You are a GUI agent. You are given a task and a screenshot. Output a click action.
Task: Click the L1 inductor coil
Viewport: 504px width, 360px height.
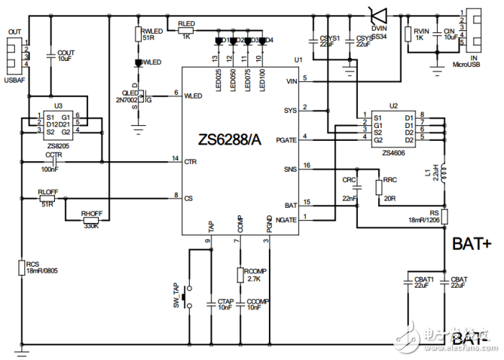tap(445, 175)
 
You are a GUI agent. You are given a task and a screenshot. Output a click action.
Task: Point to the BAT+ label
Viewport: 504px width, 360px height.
tap(471, 244)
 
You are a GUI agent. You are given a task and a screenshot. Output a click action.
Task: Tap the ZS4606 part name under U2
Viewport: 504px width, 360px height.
tap(393, 153)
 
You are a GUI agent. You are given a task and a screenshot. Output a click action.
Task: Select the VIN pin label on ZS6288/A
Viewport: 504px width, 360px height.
tap(292, 81)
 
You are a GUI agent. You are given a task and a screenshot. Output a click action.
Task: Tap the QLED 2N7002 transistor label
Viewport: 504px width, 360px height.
tap(121, 94)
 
